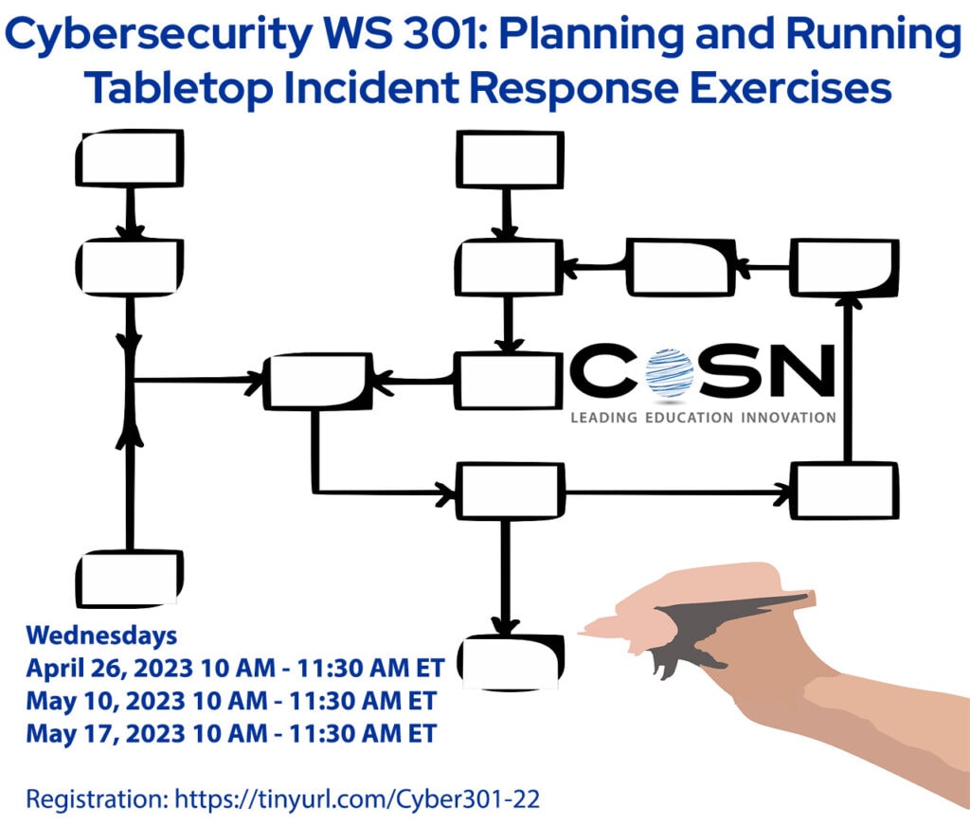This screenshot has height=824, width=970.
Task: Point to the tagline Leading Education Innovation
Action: tap(703, 417)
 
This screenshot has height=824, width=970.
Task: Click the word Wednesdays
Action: tap(101, 634)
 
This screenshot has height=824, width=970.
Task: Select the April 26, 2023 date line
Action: tap(234, 669)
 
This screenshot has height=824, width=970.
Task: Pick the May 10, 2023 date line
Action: tap(230, 701)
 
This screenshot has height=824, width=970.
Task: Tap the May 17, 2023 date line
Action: tap(230, 733)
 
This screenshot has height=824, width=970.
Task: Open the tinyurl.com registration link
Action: tap(357, 798)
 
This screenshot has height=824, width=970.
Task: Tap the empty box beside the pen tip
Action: tap(511, 660)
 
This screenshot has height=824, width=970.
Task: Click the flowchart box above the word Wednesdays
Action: tap(129, 578)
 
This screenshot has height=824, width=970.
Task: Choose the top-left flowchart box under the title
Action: tap(129, 158)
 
